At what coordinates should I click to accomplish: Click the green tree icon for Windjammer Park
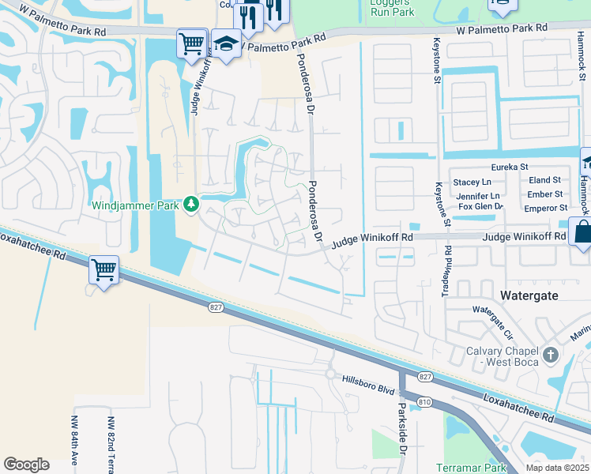190,205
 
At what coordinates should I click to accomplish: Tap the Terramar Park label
471,468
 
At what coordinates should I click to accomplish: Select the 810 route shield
424,402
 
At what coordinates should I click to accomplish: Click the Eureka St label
510,167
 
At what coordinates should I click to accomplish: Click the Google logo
27,464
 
